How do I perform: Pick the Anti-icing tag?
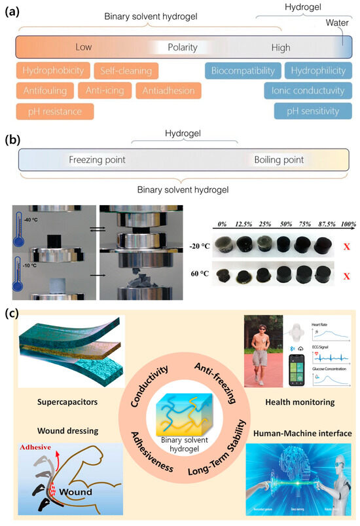pos(105,91)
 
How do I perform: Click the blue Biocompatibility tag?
pos(242,71)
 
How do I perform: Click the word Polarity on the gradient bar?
pos(183,47)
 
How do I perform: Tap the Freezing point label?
pos(97,159)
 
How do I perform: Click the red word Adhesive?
pos(39,450)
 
